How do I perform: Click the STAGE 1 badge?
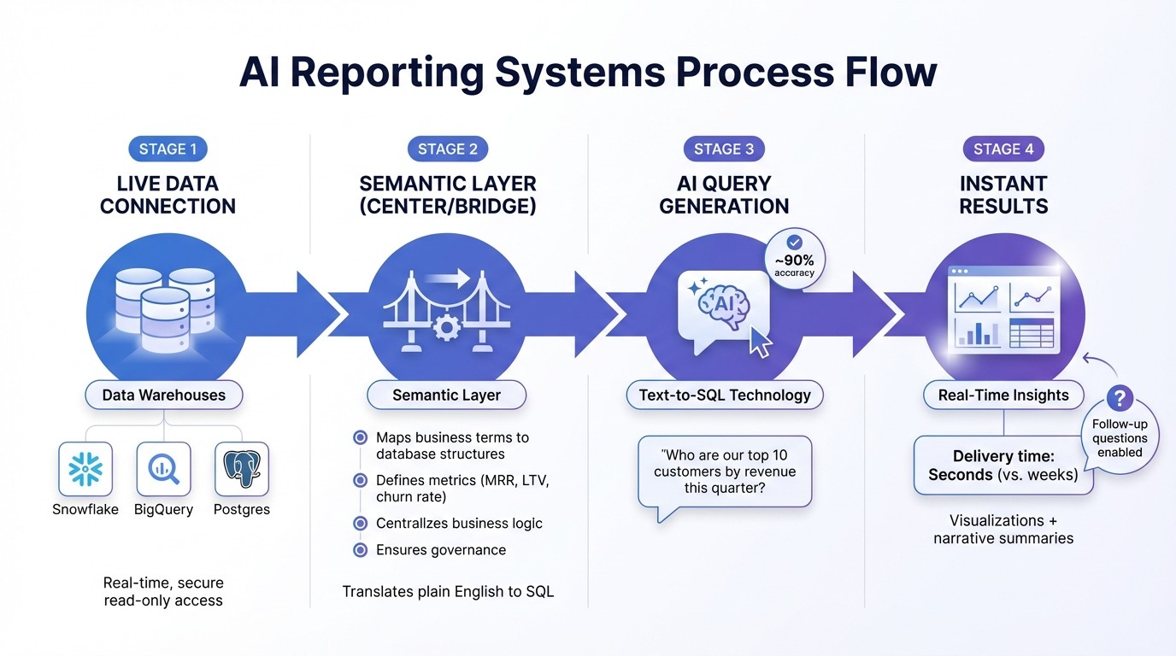click(168, 149)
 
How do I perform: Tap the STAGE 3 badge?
click(724, 149)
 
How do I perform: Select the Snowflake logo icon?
click(85, 469)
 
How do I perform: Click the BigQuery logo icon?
click(163, 469)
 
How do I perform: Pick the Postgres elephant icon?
click(242, 469)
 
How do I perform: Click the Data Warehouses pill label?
click(164, 395)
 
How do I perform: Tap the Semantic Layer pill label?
click(446, 395)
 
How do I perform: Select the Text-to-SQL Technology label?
click(725, 395)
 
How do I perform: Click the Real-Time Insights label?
click(1003, 395)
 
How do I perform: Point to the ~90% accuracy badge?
click(794, 257)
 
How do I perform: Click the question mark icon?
click(1120, 397)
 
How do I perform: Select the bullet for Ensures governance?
click(360, 550)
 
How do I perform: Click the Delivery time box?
click(1003, 465)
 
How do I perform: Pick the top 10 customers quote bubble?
click(725, 472)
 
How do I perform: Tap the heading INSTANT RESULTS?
click(1003, 195)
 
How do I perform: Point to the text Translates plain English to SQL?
click(448, 591)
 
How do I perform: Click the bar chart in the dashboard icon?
click(979, 331)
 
